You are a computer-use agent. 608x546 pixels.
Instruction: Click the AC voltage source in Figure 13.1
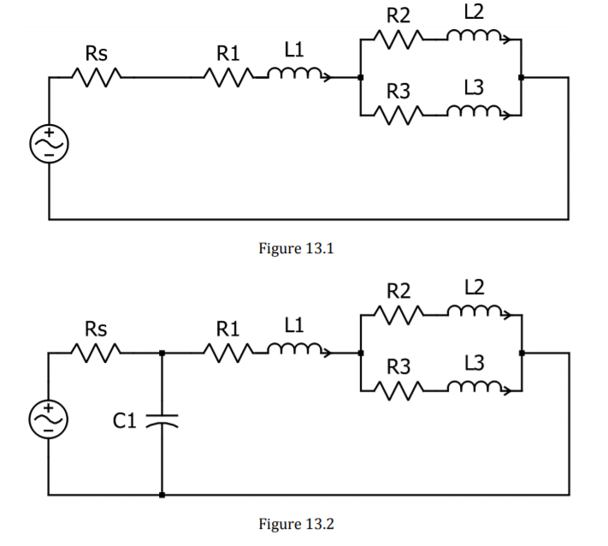click(x=50, y=144)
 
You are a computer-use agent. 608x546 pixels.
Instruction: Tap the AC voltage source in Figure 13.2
click(x=49, y=419)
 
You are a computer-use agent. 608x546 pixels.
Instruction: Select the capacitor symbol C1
click(x=162, y=421)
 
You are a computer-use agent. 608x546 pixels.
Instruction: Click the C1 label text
click(x=125, y=421)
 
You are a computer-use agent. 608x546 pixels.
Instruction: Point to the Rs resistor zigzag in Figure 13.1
click(x=96, y=78)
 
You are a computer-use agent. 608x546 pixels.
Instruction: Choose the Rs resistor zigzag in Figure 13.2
click(x=96, y=353)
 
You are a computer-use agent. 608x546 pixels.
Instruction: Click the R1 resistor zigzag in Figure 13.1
click(x=229, y=78)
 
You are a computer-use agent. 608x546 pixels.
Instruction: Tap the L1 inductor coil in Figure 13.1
click(x=299, y=74)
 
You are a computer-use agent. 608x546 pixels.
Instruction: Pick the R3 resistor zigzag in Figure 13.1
click(x=399, y=116)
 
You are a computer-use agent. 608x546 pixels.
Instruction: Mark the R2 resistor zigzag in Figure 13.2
click(x=399, y=315)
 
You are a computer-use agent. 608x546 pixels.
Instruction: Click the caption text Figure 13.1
click(x=296, y=248)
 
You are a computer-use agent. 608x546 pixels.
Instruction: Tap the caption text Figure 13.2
click(x=296, y=524)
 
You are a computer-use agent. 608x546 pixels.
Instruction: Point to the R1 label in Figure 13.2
click(x=228, y=329)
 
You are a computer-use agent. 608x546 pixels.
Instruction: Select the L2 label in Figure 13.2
click(x=475, y=288)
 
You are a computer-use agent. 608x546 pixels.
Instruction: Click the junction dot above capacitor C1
click(x=162, y=353)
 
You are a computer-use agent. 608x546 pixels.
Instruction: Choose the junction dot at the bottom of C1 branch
click(x=162, y=495)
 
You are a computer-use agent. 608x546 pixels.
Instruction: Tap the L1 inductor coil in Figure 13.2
click(x=299, y=350)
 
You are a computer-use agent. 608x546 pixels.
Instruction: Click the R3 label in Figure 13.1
click(x=398, y=92)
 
